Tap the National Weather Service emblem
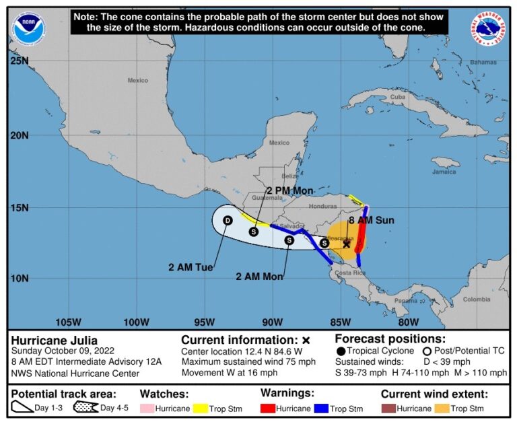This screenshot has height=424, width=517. coord(488,29)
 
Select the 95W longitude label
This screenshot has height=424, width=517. coord(205,321)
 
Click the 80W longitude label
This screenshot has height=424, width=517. coord(409,321)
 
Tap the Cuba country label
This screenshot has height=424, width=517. coord(398,96)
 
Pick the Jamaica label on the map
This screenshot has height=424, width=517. coord(444,171)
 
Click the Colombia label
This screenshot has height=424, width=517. coord(477,299)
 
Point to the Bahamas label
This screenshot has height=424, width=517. coord(483,62)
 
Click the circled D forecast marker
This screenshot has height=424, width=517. coord(228,220)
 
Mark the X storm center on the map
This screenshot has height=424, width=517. coord(346,244)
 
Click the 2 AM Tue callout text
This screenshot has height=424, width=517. coord(191,267)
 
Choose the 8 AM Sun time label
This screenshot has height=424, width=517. coord(372,220)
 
